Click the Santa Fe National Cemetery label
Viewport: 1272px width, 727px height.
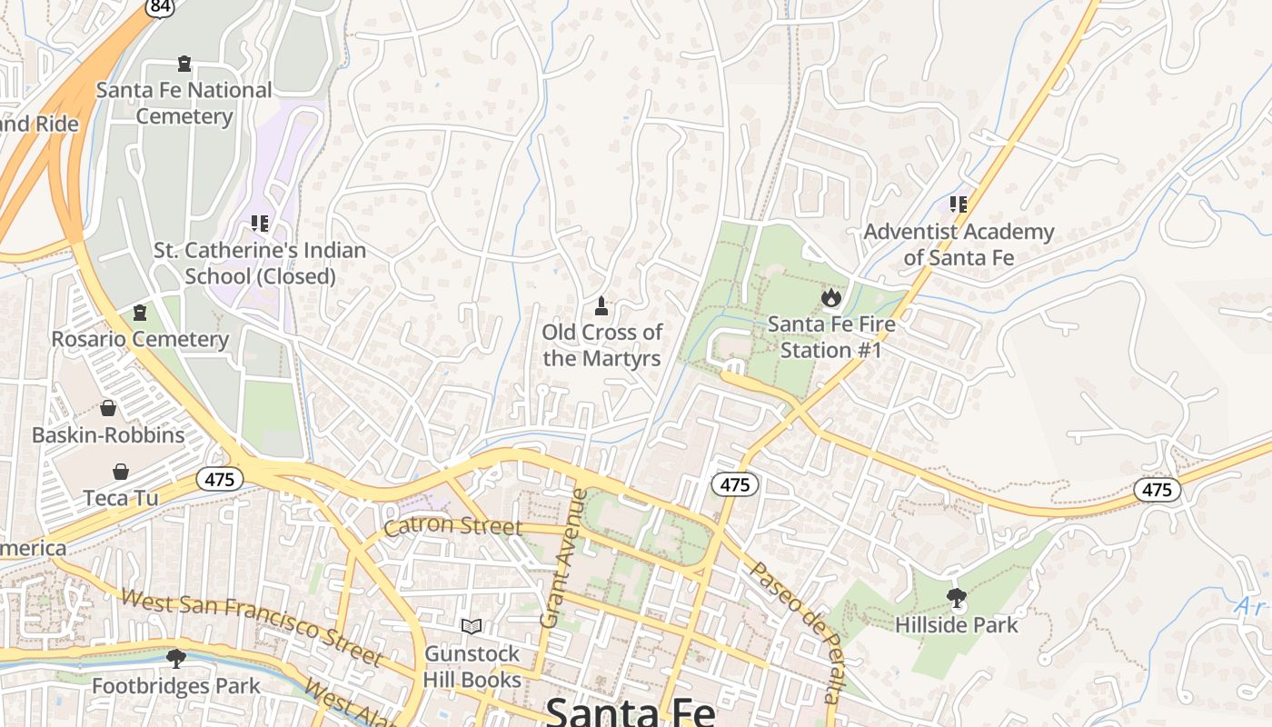click(184, 103)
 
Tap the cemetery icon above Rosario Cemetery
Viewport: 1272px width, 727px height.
click(140, 314)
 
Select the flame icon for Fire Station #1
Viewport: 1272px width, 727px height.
click(830, 297)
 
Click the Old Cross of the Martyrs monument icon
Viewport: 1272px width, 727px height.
click(600, 305)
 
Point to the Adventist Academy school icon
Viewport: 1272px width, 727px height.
click(958, 204)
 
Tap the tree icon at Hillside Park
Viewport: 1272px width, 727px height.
click(956, 598)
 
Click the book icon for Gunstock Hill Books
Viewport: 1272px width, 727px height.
click(471, 626)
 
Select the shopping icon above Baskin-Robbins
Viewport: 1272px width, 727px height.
click(108, 408)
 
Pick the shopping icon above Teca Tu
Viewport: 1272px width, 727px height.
click(121, 472)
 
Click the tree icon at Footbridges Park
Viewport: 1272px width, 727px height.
click(176, 658)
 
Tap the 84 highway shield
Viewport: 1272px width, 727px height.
click(159, 7)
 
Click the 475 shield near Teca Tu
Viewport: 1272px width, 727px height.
click(220, 479)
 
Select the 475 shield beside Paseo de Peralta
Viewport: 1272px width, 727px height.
click(734, 484)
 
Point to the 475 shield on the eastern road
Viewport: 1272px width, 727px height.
click(1157, 490)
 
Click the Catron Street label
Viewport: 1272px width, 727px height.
click(452, 526)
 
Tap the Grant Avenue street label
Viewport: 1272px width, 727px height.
click(563, 558)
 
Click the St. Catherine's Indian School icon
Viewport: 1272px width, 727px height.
click(260, 223)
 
